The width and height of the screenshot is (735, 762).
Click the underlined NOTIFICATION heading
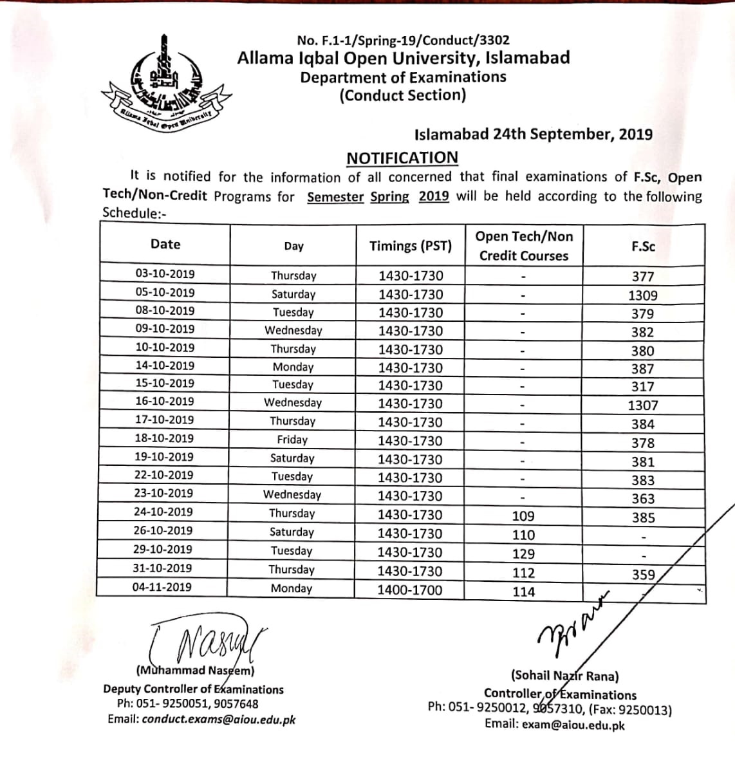pyautogui.click(x=402, y=158)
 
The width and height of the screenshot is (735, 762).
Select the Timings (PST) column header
pyautogui.click(x=411, y=246)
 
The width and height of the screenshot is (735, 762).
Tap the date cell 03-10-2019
pyautogui.click(x=165, y=274)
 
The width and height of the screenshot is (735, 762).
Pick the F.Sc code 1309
pyautogui.click(x=643, y=295)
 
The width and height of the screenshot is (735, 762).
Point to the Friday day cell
pyautogui.click(x=292, y=440)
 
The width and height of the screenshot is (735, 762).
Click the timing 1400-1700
pyautogui.click(x=410, y=590)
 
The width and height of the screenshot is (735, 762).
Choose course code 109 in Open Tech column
pyautogui.click(x=523, y=516)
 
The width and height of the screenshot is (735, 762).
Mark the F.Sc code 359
pyautogui.click(x=643, y=575)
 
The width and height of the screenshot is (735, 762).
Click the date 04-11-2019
pyautogui.click(x=162, y=587)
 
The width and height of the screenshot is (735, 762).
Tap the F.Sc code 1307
pyautogui.click(x=643, y=405)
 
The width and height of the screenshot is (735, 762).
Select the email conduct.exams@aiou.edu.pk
pyautogui.click(x=219, y=720)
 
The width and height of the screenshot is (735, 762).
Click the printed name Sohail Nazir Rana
pyautogui.click(x=565, y=676)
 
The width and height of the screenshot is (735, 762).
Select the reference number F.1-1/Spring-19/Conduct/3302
pyautogui.click(x=404, y=41)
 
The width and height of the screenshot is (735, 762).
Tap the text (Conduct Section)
pyautogui.click(x=403, y=96)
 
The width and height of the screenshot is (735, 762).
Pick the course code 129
pyautogui.click(x=523, y=553)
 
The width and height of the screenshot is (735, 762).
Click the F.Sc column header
pyautogui.click(x=643, y=246)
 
